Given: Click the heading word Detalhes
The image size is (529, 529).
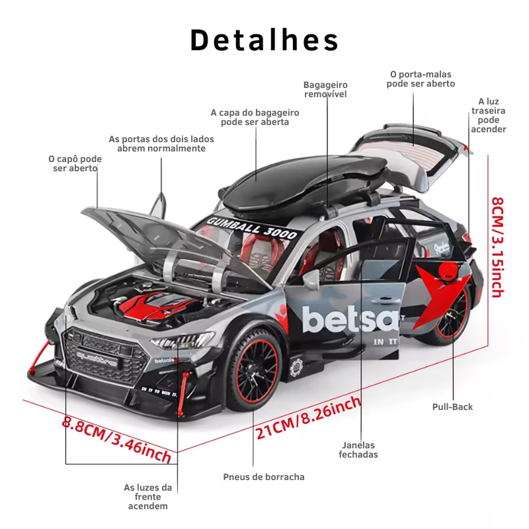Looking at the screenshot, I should click(264, 40).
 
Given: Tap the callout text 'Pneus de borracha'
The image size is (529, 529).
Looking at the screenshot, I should click(264, 476).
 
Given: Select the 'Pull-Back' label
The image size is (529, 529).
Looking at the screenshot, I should click(452, 407).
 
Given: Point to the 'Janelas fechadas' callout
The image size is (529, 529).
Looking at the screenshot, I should click(358, 450).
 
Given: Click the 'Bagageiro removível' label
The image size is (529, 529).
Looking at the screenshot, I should click(325, 89).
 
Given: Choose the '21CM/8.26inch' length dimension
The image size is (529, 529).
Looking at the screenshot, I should click(309, 418).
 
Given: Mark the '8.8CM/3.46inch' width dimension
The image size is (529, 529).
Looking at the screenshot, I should click(116, 439).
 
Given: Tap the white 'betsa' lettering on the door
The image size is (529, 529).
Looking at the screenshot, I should click(350, 319).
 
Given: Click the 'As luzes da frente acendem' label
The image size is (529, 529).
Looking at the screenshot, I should click(147, 497).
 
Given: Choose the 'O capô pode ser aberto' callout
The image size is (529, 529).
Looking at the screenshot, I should click(75, 163).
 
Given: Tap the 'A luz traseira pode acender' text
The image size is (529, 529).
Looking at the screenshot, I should click(488, 116).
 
